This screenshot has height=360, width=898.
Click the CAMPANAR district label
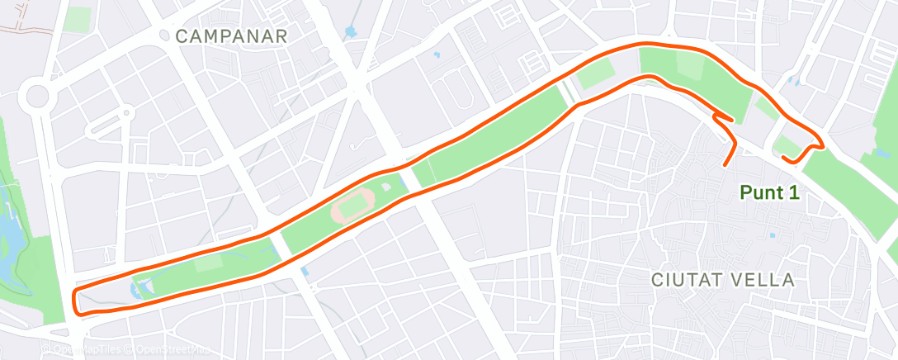coord(231,36)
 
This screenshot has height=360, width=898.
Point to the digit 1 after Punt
coord(795,192)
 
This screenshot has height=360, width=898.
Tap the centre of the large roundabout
coord(38,97)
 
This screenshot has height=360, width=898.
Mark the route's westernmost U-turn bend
coord(76,302)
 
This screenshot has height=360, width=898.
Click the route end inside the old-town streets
coord(726,164)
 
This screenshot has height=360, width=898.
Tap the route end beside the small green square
coord(783,156)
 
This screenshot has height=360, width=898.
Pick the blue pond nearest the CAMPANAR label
coord(350,34)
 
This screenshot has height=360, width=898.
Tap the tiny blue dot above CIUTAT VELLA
coord(772,235)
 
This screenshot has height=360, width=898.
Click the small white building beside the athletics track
coord(386,188)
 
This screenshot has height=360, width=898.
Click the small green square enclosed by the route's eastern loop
coord(788,147)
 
